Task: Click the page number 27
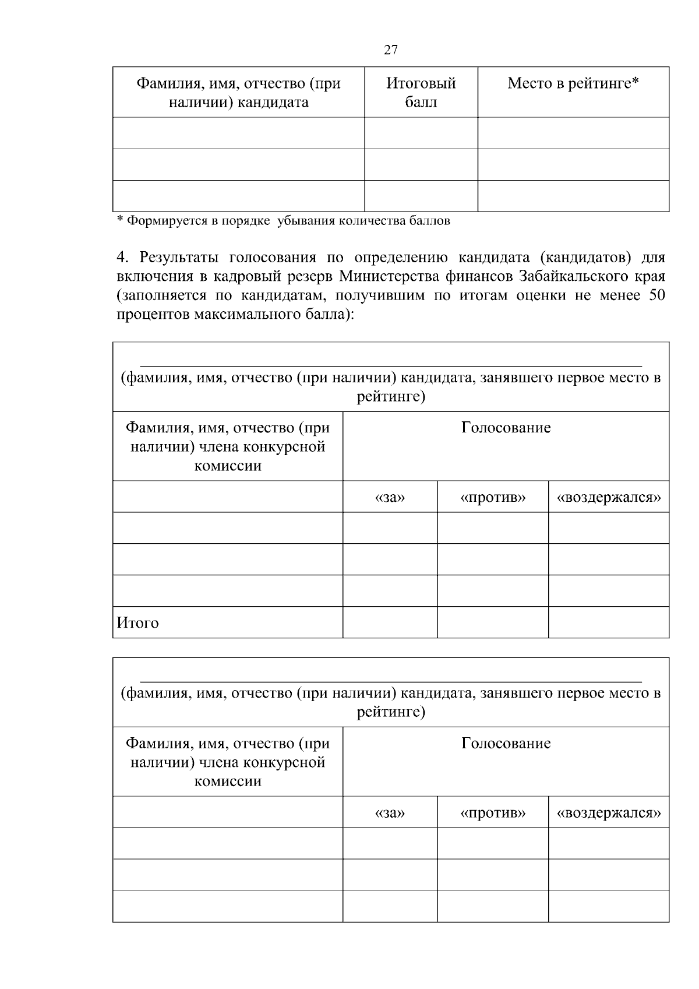tap(391, 50)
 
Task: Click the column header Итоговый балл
tap(421, 93)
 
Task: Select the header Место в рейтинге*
tap(573, 83)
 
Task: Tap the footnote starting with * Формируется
tap(284, 221)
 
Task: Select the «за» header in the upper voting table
tap(390, 498)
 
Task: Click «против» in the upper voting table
tap(493, 498)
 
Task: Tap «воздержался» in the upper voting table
tap(609, 498)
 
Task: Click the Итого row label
tap(138, 623)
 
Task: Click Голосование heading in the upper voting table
tap(506, 428)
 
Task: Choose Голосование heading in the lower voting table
tap(506, 744)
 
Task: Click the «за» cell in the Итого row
tap(390, 622)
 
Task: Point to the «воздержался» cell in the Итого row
tap(609, 622)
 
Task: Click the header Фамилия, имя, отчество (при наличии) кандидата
tap(238, 93)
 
